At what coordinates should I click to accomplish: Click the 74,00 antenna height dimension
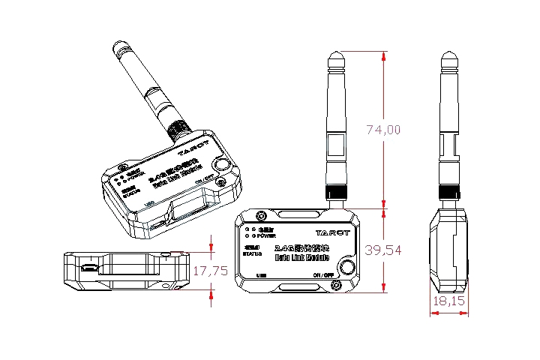click(x=383, y=130)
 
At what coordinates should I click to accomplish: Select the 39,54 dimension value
click(x=383, y=250)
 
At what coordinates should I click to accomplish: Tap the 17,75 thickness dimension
click(x=210, y=271)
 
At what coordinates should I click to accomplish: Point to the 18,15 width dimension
click(x=448, y=301)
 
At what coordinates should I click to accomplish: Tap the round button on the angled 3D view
click(x=221, y=166)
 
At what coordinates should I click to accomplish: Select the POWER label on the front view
click(x=267, y=235)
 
